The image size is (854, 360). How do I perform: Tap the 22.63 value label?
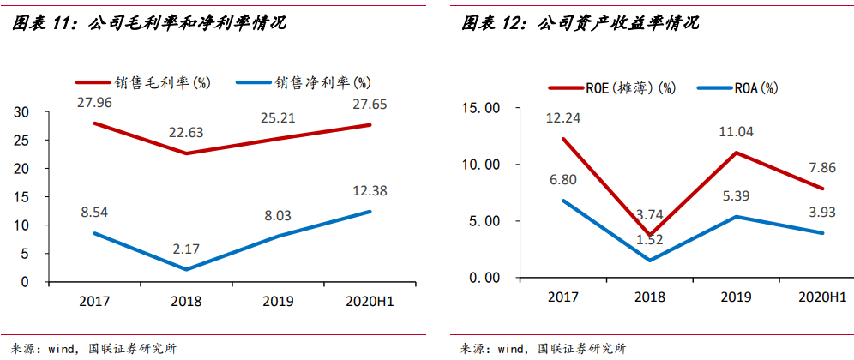pos(185,133)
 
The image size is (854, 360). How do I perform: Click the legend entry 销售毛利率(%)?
pos(142,82)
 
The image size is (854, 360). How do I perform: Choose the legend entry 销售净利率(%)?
pos(304,82)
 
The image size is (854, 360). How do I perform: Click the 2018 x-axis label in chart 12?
pos(650,297)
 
